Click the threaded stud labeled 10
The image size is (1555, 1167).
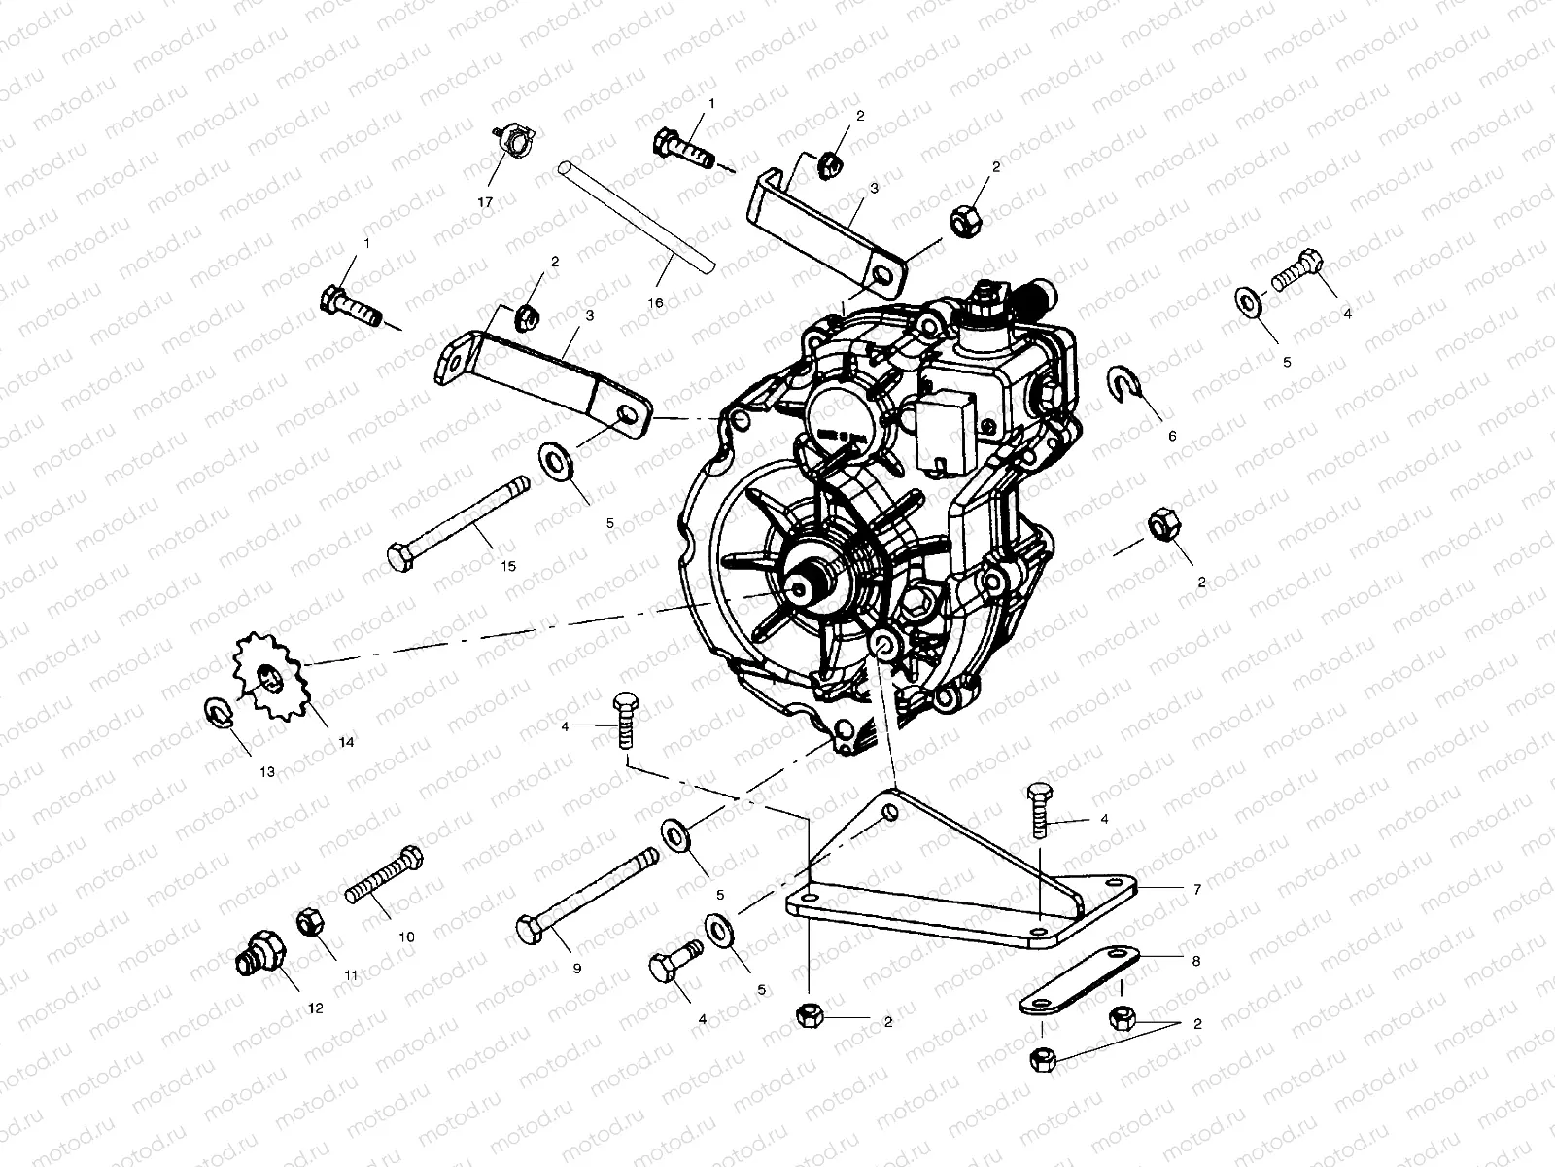pos(385,877)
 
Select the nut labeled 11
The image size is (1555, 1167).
pos(308,920)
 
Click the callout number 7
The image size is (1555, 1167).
pos(1196,889)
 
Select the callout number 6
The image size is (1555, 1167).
pos(1172,436)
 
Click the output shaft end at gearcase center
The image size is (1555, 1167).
pos(805,585)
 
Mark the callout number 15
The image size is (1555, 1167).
pos(507,566)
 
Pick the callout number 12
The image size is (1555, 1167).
pos(315,1008)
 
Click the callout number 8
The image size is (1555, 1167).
pos(1195,960)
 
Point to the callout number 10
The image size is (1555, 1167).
pos(406,937)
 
